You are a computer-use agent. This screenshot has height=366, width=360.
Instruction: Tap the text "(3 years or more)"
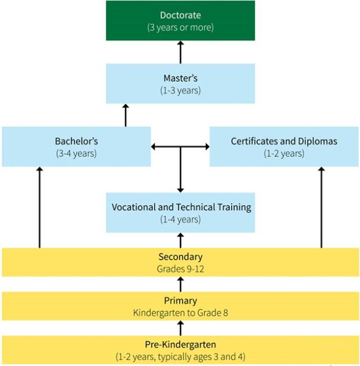(180, 27)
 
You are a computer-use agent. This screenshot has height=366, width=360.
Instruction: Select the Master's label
(180, 78)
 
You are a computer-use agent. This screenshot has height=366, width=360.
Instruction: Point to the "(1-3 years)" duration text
(180, 91)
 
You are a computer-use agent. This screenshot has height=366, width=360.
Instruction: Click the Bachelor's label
(76, 141)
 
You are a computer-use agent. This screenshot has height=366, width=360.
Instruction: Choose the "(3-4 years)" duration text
(76, 153)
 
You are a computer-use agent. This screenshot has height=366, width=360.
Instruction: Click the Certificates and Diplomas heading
(284, 141)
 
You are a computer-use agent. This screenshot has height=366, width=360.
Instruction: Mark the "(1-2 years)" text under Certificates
(284, 153)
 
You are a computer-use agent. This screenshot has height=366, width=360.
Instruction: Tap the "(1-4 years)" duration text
(180, 219)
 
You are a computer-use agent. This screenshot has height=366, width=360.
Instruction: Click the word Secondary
(180, 257)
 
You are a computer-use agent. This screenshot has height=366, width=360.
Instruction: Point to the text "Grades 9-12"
(180, 268)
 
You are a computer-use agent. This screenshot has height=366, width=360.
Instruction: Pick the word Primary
(180, 301)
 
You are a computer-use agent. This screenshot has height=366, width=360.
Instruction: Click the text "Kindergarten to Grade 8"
(180, 312)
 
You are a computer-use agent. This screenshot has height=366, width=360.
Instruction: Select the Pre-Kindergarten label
(180, 344)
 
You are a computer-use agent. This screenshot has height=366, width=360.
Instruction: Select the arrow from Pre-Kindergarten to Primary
(181, 327)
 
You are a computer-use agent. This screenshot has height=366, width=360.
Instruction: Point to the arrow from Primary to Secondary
(181, 283)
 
